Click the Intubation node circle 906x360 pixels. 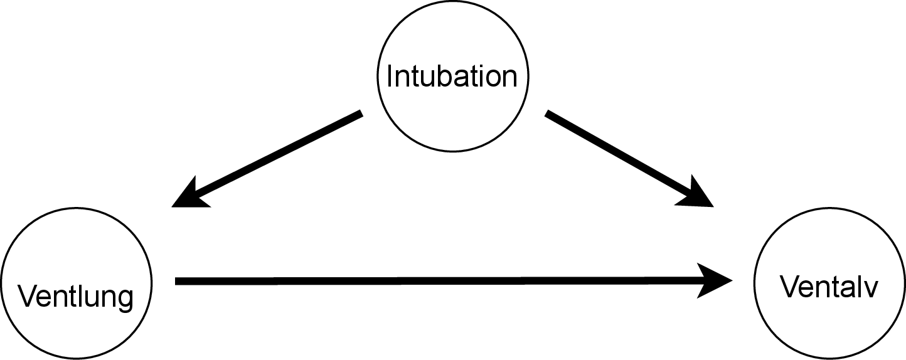pos(452,38)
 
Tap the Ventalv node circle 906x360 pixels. pos(829,326)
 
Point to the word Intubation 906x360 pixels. pos(452,76)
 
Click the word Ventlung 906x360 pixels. pos(76,296)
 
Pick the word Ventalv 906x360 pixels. pos(829,288)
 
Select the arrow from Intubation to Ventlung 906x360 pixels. pos(270,159)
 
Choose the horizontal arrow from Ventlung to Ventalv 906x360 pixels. pos(439,281)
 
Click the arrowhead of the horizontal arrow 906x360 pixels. pos(718,281)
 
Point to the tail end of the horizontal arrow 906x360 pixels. pos(178,281)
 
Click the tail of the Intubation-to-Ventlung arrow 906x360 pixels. pos(359,114)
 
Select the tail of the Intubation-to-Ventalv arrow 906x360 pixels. pos(549,114)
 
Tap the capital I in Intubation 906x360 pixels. pos(390,76)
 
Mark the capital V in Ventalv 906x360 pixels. pos(789,288)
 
